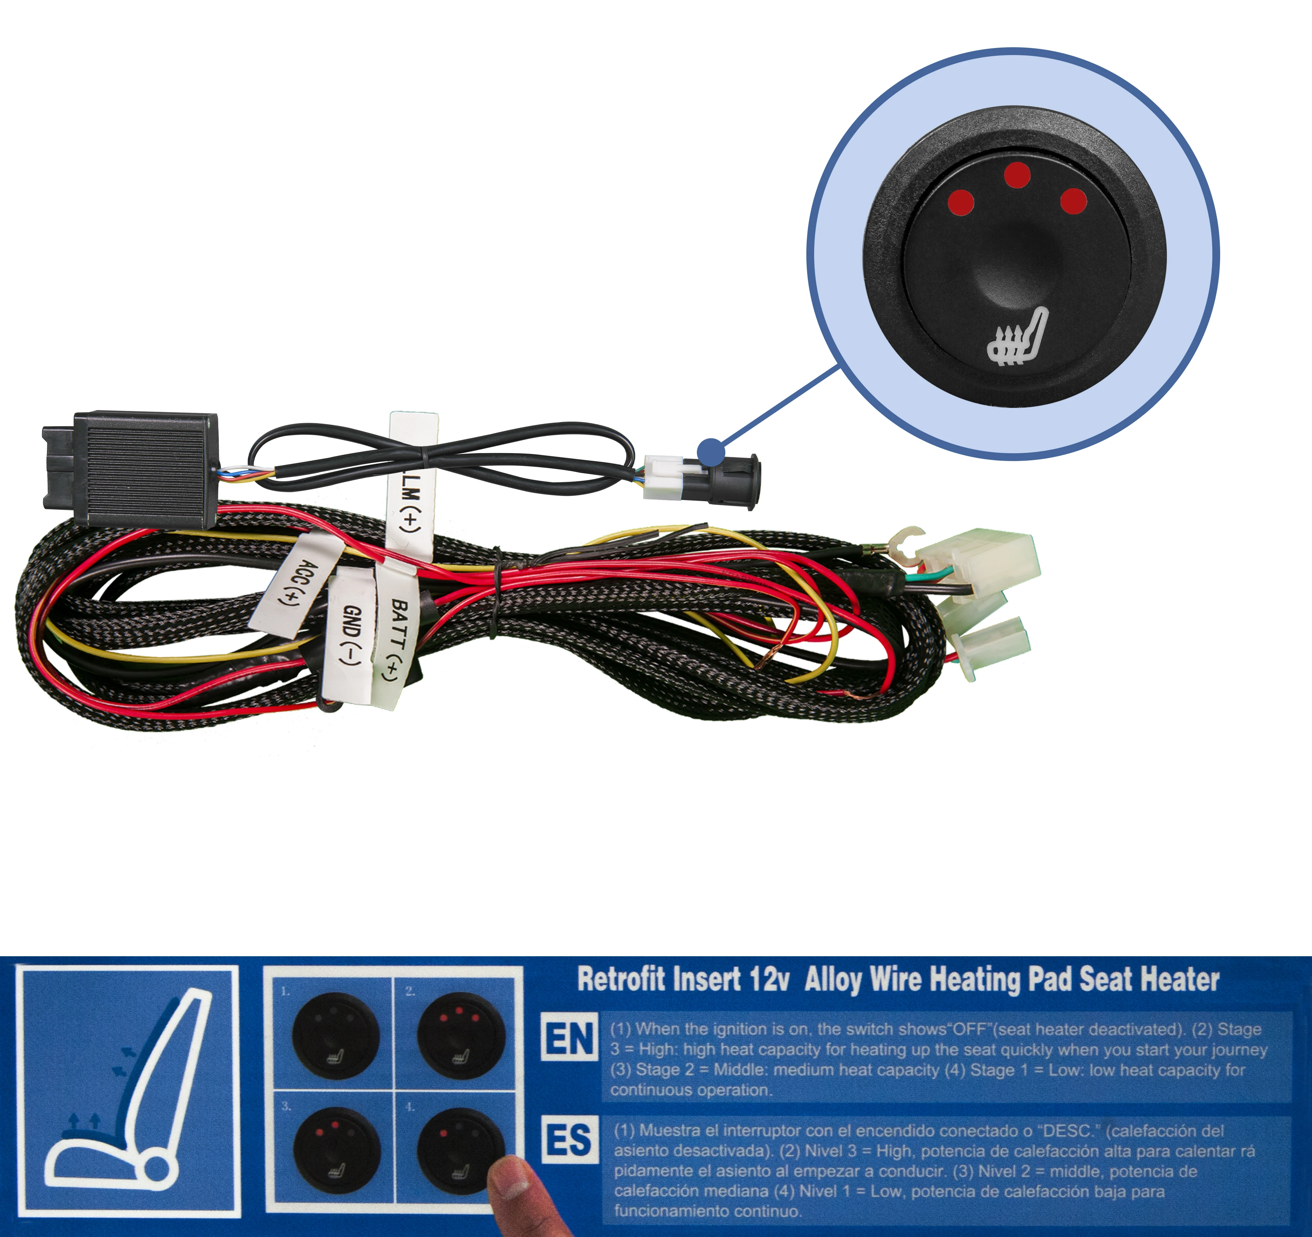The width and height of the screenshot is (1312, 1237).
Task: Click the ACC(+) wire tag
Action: tap(295, 584)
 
